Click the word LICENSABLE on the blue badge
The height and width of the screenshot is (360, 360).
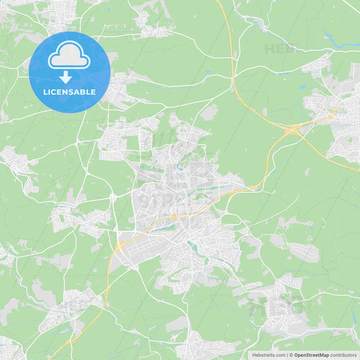coord(69,91)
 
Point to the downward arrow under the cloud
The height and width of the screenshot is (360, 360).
coord(66,77)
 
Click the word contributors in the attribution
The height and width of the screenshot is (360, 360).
coord(344,355)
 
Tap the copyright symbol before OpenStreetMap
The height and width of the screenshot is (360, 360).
coord(291,355)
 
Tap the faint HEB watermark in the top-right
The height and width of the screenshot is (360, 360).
coord(280,49)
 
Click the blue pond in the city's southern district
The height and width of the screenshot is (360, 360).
coord(194,246)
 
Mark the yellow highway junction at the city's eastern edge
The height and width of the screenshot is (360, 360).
coord(253,187)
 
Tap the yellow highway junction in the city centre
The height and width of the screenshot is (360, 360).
coord(174,216)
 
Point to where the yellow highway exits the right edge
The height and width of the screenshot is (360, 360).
coord(358,172)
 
